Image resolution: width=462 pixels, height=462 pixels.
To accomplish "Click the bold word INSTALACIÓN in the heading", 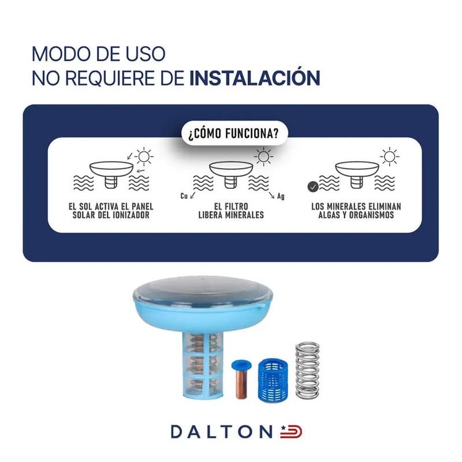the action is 255,78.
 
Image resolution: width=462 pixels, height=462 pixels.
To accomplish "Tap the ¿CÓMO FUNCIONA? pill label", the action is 234,134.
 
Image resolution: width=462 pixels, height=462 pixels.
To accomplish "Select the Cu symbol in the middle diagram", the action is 184,196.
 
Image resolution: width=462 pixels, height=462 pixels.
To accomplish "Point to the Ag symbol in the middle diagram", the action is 281,196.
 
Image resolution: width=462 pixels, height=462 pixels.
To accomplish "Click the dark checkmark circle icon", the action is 312,187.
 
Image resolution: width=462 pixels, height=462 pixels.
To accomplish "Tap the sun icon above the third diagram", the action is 389,157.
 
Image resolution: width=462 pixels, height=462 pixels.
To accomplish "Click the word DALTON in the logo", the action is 221,432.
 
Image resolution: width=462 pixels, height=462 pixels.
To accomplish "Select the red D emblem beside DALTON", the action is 291,431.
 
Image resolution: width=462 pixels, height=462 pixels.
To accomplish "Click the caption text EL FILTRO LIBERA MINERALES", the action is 231,211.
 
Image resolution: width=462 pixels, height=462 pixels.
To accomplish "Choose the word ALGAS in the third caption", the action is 329,215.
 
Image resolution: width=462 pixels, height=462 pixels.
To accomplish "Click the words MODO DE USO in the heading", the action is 98,54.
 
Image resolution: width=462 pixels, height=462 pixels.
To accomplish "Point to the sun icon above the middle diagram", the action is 263,157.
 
